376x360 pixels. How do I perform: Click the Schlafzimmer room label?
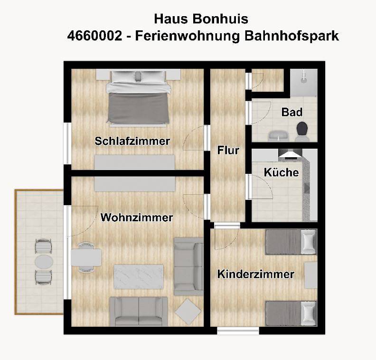[132, 141]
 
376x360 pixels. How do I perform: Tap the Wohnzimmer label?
[137, 218]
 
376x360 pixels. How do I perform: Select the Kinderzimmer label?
[256, 274]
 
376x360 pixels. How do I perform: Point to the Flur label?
[228, 151]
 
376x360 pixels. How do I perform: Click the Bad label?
[292, 112]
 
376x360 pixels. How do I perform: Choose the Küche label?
[281, 172]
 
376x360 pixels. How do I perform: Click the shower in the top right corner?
[304, 83]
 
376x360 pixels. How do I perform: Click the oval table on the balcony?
[44, 262]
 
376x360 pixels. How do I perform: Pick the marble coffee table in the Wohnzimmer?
[139, 276]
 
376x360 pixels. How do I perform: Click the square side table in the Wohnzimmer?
[188, 312]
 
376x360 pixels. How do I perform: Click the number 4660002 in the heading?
[94, 36]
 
